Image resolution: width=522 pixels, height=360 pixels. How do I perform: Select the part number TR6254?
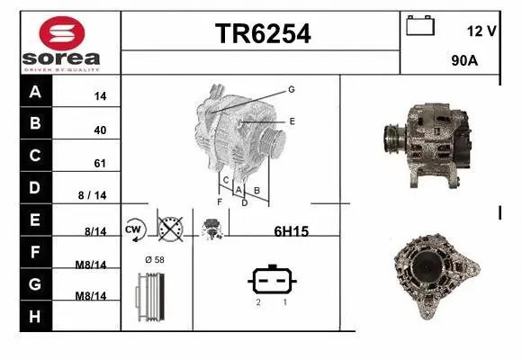click(262, 34)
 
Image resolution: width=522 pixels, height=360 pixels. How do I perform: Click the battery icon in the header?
click(419, 25)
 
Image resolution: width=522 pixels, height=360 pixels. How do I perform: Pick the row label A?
click(35, 92)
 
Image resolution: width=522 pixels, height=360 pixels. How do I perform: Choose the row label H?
click(35, 316)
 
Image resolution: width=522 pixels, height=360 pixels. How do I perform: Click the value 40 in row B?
click(100, 130)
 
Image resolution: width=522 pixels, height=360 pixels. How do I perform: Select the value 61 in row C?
click(100, 164)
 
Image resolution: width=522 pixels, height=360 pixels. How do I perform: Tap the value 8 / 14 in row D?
click(93, 195)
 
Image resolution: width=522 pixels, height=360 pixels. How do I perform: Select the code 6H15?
click(291, 231)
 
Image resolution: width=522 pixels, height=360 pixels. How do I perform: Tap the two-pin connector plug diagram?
click(271, 281)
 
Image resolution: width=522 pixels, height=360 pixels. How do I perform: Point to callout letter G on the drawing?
click(292, 89)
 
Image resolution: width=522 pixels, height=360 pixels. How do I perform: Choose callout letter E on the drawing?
click(292, 120)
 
